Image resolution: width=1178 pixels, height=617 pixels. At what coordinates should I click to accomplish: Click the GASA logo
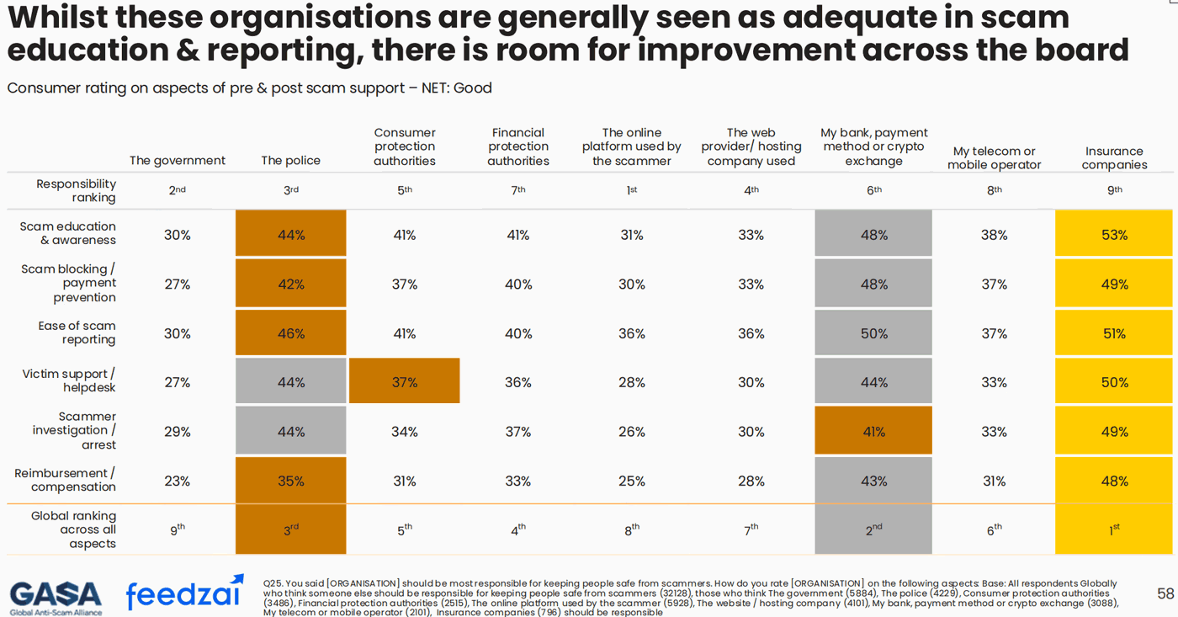click(x=56, y=597)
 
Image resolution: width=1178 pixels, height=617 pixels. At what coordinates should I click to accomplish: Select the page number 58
click(x=1165, y=594)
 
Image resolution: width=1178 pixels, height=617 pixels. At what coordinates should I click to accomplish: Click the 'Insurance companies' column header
click(x=1114, y=157)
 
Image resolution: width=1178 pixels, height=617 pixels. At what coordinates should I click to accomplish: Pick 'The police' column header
click(x=290, y=161)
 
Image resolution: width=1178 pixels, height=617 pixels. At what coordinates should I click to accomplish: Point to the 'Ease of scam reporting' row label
click(x=77, y=332)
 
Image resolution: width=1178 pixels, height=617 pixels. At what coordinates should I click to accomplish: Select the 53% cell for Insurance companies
click(x=1114, y=235)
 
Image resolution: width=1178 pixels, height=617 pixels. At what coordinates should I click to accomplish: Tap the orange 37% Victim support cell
click(x=404, y=382)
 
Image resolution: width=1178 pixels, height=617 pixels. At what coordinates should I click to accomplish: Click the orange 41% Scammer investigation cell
click(x=873, y=431)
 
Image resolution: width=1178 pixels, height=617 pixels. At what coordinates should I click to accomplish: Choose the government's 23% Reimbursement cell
click(x=177, y=481)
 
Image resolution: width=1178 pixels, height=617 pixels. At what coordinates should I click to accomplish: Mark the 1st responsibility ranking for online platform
click(x=631, y=190)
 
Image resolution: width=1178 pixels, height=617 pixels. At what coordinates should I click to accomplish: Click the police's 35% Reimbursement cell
click(x=290, y=481)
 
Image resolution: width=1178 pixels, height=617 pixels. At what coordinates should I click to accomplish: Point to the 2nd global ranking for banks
click(x=873, y=529)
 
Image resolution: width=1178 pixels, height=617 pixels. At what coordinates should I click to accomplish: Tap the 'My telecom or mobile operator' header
click(x=994, y=157)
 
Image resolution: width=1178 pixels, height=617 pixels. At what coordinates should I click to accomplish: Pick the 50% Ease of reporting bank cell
click(x=873, y=333)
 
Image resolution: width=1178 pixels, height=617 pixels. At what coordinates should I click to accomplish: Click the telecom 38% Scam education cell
click(x=994, y=235)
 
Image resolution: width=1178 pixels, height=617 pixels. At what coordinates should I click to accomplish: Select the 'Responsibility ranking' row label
click(x=76, y=190)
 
